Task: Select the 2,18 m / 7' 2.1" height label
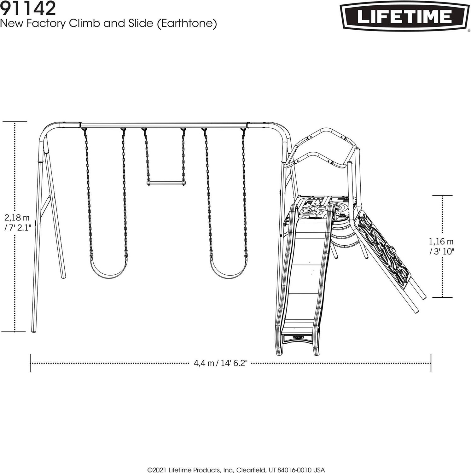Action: point(18,222)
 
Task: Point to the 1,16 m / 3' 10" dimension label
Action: point(441,246)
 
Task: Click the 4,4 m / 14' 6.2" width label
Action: point(220,363)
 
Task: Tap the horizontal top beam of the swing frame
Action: point(164,124)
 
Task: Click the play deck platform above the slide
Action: point(322,207)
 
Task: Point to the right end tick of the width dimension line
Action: point(431,363)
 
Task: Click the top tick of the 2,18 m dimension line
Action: point(15,121)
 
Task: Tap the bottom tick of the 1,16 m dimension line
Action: point(442,297)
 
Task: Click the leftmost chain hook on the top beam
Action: point(85,130)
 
